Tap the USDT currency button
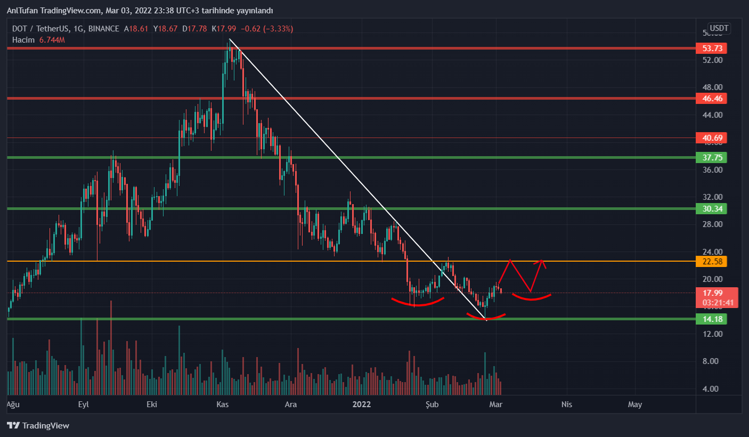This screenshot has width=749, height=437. click(x=719, y=28)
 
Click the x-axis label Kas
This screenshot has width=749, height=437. click(x=222, y=404)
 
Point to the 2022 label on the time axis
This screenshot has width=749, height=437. click(x=362, y=404)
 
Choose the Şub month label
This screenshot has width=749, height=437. click(x=432, y=404)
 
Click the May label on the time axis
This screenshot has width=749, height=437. click(x=635, y=404)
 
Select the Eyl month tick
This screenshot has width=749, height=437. click(x=83, y=404)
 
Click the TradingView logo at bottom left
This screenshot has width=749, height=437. click(x=38, y=426)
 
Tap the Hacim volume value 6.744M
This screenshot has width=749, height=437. click(x=52, y=40)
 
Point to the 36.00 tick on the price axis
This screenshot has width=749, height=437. click(x=713, y=170)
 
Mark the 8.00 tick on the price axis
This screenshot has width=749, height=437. click(x=713, y=361)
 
